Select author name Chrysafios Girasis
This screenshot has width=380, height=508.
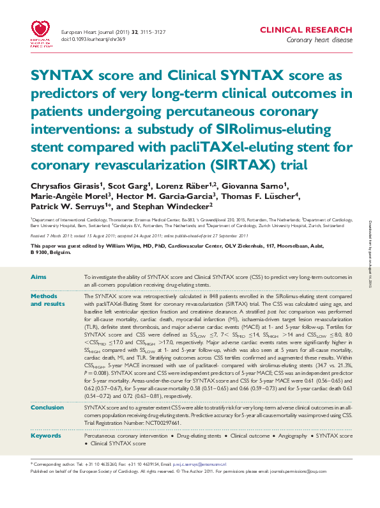(x=59, y=186)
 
